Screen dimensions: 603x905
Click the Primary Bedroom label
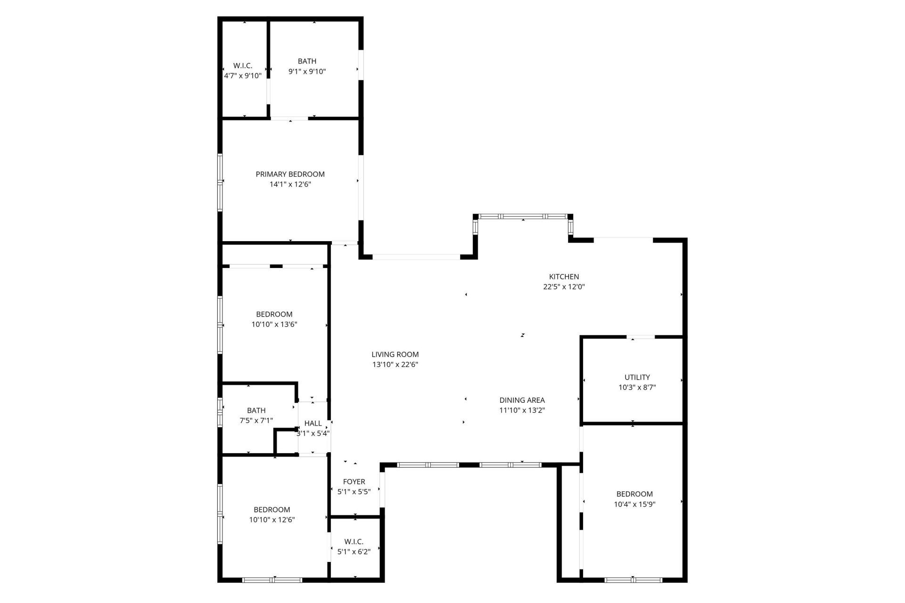(x=290, y=174)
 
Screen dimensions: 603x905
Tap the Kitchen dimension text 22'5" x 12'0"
(x=564, y=286)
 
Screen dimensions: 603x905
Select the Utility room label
(x=637, y=377)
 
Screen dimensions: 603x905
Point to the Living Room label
(x=395, y=354)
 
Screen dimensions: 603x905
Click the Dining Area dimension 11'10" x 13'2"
(x=522, y=410)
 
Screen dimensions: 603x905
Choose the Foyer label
(x=354, y=481)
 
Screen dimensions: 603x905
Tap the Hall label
(x=313, y=423)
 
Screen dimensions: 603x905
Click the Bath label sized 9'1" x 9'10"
(x=307, y=61)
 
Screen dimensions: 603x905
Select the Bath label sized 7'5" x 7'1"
(x=256, y=410)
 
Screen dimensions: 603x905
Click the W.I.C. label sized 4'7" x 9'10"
(x=243, y=65)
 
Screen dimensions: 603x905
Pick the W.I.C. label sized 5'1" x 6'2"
(x=354, y=541)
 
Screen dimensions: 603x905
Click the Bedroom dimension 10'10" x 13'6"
(x=274, y=324)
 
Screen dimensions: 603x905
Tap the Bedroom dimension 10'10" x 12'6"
(x=272, y=520)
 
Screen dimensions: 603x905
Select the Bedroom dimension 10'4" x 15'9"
(x=634, y=504)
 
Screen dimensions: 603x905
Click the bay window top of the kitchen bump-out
(x=523, y=216)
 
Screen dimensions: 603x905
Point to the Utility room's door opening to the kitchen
(x=641, y=337)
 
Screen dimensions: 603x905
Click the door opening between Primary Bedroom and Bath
(x=289, y=118)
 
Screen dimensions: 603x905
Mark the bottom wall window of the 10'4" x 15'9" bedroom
(x=633, y=580)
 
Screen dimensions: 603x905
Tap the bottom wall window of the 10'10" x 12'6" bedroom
(x=272, y=580)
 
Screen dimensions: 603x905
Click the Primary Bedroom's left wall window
(x=220, y=182)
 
